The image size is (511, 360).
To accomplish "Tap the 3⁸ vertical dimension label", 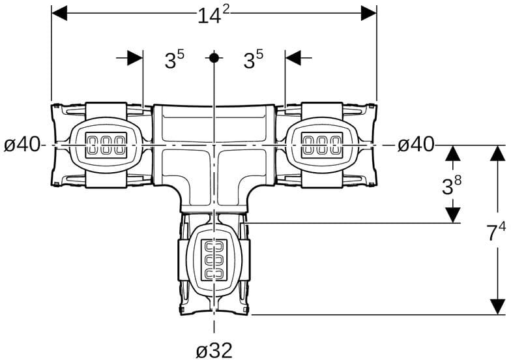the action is click(452, 185).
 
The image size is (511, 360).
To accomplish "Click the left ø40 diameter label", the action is click(22, 144).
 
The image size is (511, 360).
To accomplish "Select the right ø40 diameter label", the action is click(416, 144).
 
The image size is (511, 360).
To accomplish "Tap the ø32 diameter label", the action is click(214, 351).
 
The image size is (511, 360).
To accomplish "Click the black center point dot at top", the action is click(214, 58).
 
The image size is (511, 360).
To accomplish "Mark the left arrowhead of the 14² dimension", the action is click(59, 13).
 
